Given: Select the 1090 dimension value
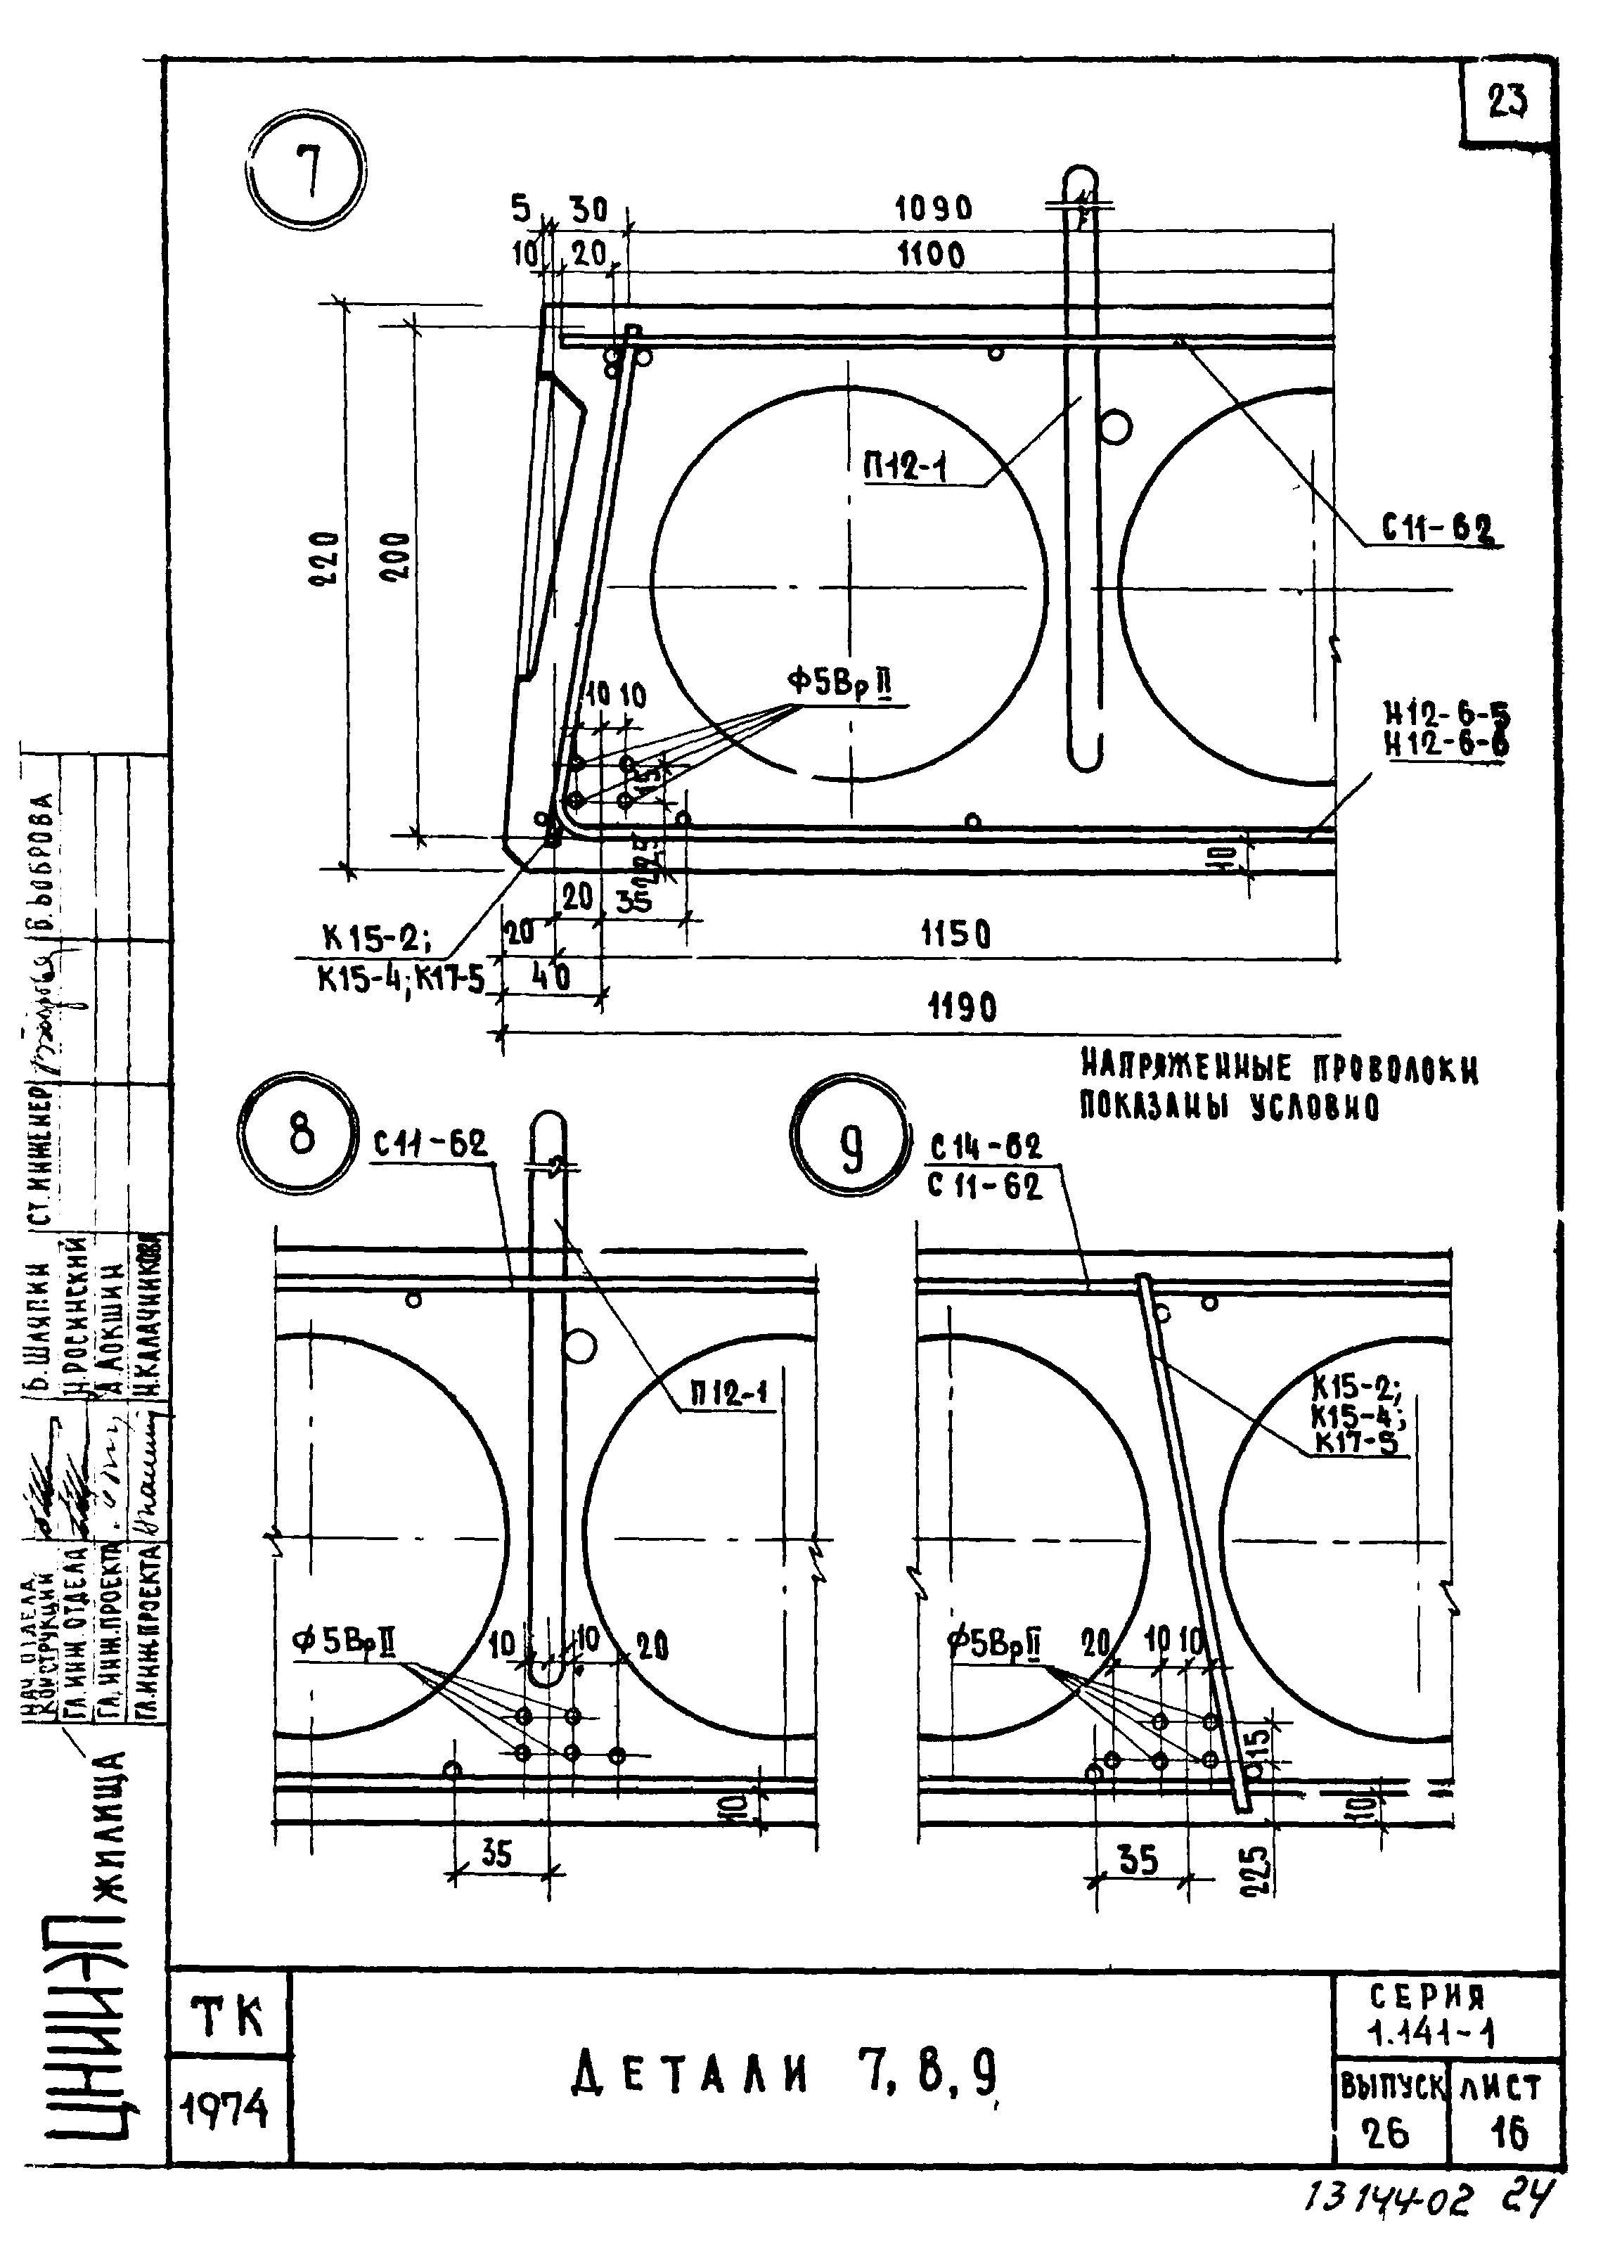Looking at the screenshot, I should click(x=933, y=210).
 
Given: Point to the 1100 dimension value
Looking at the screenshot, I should click(x=930, y=257).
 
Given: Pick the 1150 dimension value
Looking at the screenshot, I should click(x=955, y=934).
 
